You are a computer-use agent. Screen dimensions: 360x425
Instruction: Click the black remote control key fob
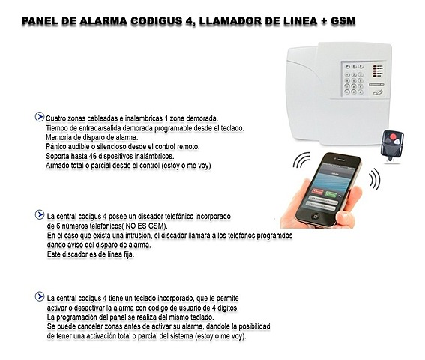[x=391, y=144]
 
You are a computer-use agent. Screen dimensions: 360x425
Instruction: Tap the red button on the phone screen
[x=313, y=194]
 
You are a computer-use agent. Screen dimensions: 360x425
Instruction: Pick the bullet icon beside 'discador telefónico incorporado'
[x=39, y=214]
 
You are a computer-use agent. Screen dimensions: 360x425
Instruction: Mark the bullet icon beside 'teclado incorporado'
[x=39, y=296]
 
